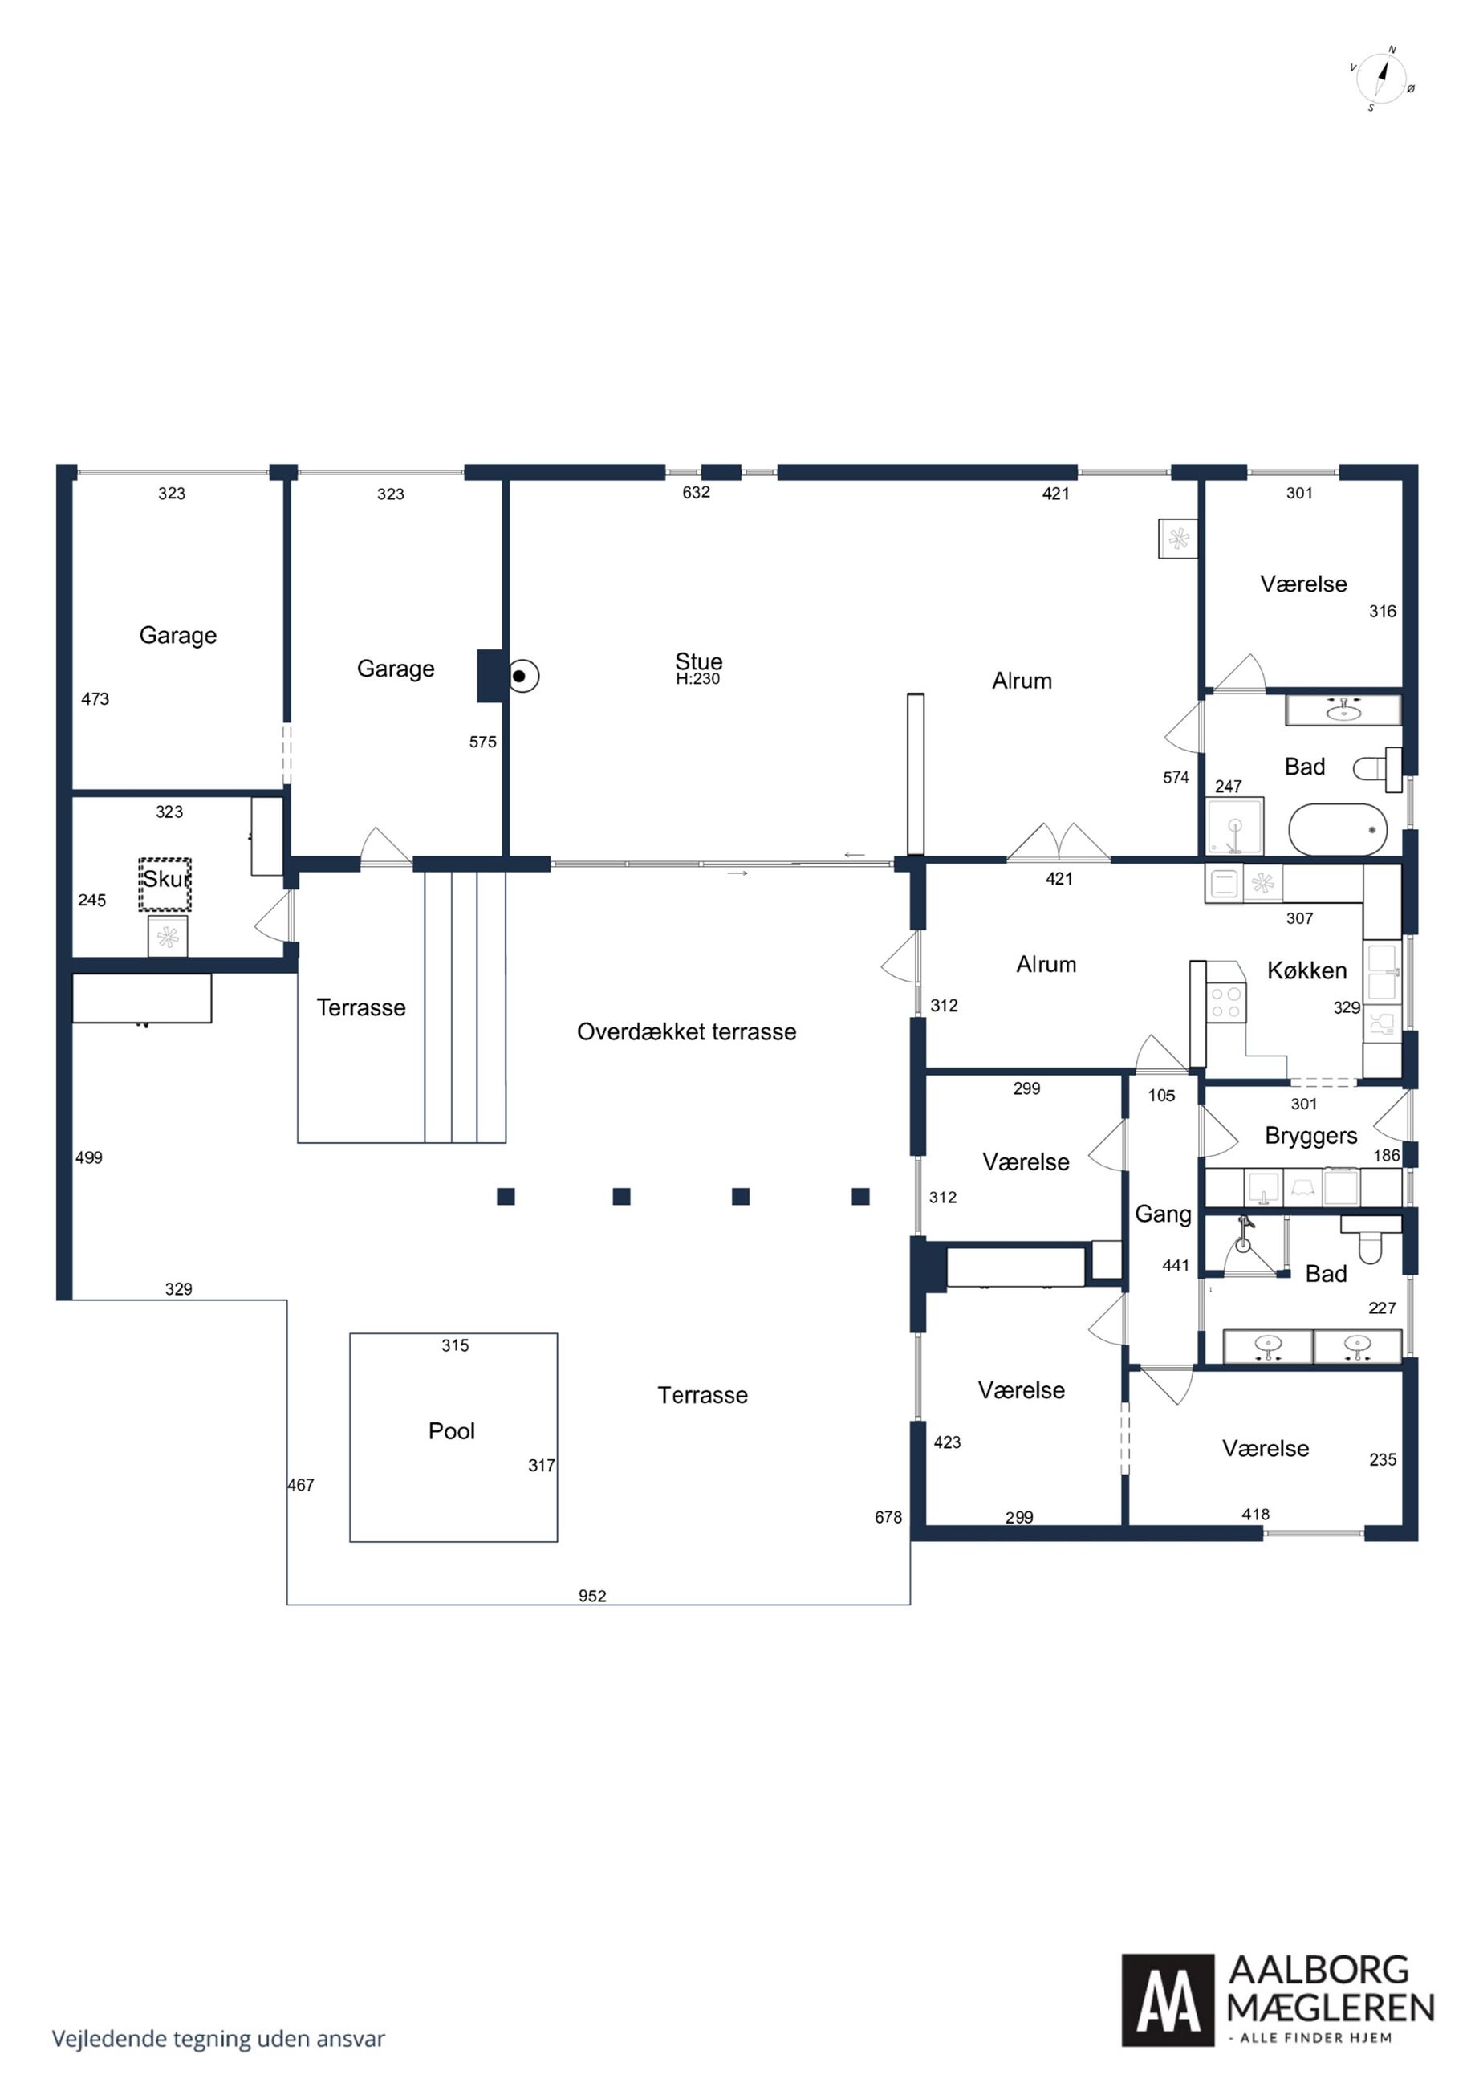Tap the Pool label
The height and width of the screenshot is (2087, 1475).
(x=452, y=1430)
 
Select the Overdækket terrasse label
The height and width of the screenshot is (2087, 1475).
(x=686, y=1031)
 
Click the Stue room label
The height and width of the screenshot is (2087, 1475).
(x=698, y=661)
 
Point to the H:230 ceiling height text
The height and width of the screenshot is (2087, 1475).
(x=698, y=679)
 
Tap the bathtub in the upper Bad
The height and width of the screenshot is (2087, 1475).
(x=1338, y=829)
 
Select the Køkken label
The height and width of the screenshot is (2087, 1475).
(x=1306, y=970)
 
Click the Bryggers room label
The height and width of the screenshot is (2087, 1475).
(x=1310, y=1137)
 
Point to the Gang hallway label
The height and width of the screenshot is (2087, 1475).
(x=1162, y=1214)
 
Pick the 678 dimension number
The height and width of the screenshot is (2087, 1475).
(x=888, y=1517)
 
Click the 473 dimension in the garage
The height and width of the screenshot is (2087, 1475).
(x=95, y=699)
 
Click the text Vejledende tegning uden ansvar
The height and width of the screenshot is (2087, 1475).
(x=218, y=2039)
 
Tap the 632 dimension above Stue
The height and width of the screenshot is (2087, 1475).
(x=696, y=493)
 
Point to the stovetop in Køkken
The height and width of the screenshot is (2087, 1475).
(x=1226, y=1003)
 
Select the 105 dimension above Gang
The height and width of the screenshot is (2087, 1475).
(x=1161, y=1096)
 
